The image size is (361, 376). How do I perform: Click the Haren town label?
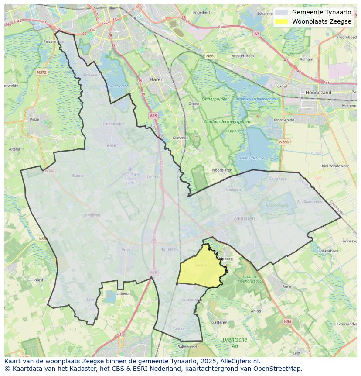tap(156, 79)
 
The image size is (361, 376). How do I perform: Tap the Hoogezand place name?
tap(318, 93)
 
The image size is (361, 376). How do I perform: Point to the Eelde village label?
tap(110, 145)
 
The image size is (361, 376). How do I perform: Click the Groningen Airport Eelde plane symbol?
tap(130, 169)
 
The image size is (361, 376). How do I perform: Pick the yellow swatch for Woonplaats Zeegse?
tap(282, 21)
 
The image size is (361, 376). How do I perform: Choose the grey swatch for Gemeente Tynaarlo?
tap(282, 12)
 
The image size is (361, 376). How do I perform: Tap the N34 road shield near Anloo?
tap(287, 321)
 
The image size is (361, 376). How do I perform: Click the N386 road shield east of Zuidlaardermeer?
tap(284, 142)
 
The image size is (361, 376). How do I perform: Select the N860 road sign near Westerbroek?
tap(211, 56)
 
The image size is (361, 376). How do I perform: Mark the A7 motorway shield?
tap(256, 34)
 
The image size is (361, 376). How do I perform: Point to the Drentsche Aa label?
tap(235, 343)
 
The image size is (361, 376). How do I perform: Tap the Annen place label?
tap(288, 286)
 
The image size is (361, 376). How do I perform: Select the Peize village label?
tap(34, 119)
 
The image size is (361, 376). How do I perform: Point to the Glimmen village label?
tap(180, 138)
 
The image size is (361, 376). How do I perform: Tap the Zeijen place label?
tap(91, 299)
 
